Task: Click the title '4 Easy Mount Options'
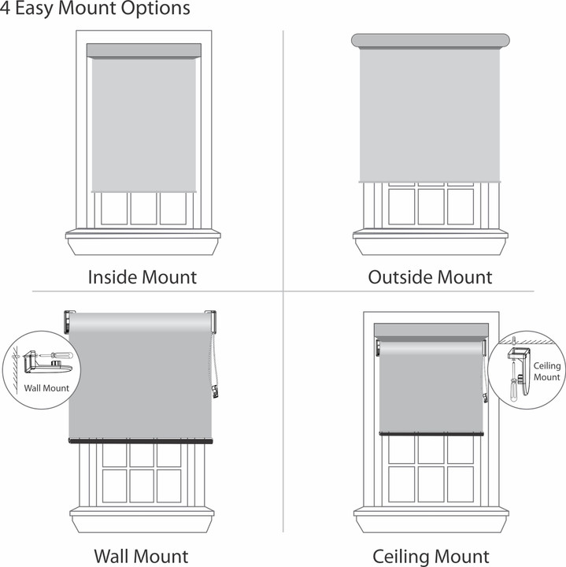click(x=95, y=9)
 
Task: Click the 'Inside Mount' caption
click(x=142, y=277)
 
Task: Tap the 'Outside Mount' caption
click(x=430, y=277)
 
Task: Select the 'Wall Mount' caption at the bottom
click(x=141, y=556)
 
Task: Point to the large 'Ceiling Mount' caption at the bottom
click(x=431, y=556)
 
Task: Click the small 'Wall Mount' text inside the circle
click(x=46, y=387)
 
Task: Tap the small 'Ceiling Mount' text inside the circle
click(x=547, y=372)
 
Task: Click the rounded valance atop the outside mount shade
click(x=430, y=40)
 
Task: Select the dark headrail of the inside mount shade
click(x=142, y=50)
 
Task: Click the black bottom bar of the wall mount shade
click(x=141, y=441)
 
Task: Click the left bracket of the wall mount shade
click(x=68, y=321)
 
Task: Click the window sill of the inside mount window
click(x=142, y=234)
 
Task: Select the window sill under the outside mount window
click(x=430, y=234)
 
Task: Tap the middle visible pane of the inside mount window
click(x=143, y=209)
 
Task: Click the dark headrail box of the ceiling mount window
click(x=431, y=329)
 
